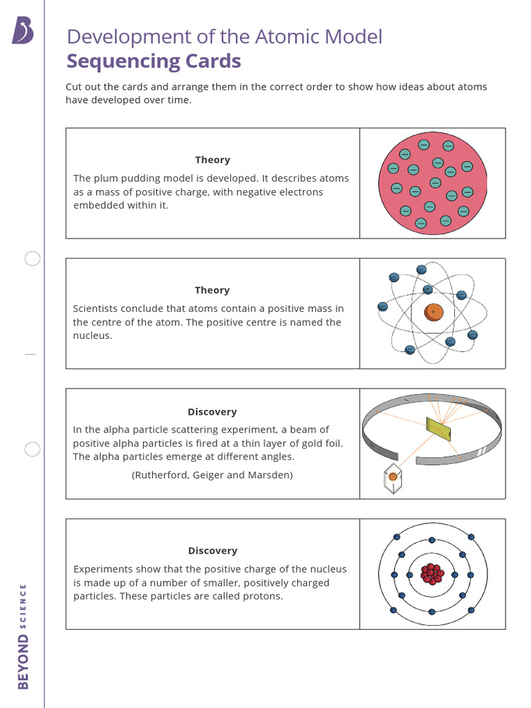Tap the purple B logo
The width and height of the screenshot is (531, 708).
coord(22,31)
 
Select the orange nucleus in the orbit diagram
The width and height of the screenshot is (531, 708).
coord(434,313)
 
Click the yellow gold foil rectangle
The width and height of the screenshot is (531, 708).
coord(438,429)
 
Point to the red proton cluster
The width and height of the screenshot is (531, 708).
coord(432,574)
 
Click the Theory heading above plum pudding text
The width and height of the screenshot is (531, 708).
coord(212,160)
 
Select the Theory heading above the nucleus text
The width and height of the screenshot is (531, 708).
coord(212,290)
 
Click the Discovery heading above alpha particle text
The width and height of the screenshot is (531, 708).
coord(212,412)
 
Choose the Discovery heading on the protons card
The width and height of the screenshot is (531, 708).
coord(212,551)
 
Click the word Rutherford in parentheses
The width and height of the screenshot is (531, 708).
coord(161,475)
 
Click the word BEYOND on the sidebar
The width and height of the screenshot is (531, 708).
coord(24,662)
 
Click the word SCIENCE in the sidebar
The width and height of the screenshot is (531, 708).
coord(24,606)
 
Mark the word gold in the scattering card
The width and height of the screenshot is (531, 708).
coord(292,443)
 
